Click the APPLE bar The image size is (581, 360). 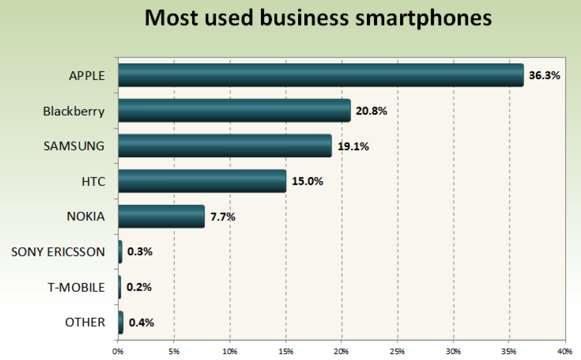point(321,75)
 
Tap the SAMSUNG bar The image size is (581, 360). point(225,146)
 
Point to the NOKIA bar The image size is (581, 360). point(161,216)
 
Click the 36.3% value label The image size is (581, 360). point(544,75)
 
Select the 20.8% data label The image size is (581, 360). point(371,111)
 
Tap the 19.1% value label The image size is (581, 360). point(353,146)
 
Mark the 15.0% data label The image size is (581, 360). point(307,182)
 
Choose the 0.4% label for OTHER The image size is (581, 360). point(141,323)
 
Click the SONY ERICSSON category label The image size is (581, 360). point(58,252)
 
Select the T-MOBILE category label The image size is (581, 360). point(76,287)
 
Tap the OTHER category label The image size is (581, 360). point(85,323)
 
